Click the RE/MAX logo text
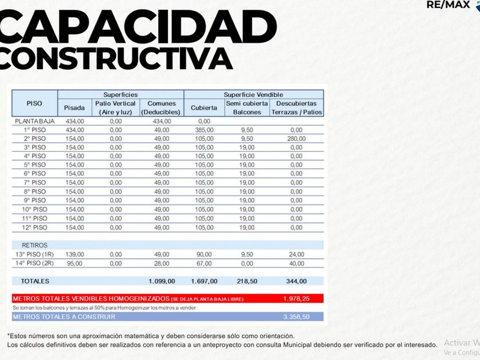(x=448, y=5)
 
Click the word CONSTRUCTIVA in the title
(x=117, y=57)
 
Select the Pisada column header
(x=74, y=108)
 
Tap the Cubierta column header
(x=204, y=108)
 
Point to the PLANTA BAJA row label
(x=34, y=121)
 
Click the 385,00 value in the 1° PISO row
(x=204, y=130)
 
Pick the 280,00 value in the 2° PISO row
(x=296, y=139)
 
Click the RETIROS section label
(x=34, y=245)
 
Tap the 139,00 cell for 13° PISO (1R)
(x=74, y=254)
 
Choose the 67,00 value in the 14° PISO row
(x=204, y=263)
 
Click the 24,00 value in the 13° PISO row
(x=296, y=254)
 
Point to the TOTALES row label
(x=35, y=281)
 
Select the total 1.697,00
(x=204, y=281)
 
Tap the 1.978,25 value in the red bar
(x=296, y=299)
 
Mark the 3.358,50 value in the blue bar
(x=296, y=317)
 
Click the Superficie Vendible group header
(x=253, y=94)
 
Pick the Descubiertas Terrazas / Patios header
(x=296, y=108)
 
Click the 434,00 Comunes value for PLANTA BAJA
(x=162, y=121)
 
